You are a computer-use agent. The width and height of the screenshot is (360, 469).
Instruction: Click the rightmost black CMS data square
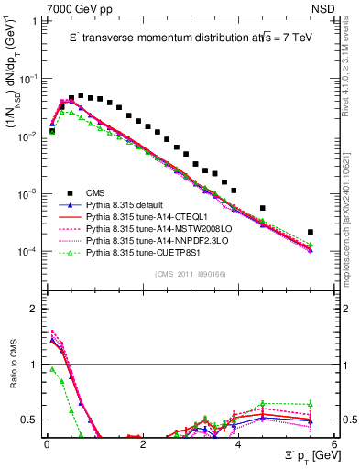pos(311,232)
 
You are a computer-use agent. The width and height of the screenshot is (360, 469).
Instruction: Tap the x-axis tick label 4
pos(238,442)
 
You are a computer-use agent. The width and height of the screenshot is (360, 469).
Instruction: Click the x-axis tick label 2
pos(143,442)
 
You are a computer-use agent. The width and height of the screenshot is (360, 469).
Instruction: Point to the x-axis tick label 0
pos(47,442)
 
